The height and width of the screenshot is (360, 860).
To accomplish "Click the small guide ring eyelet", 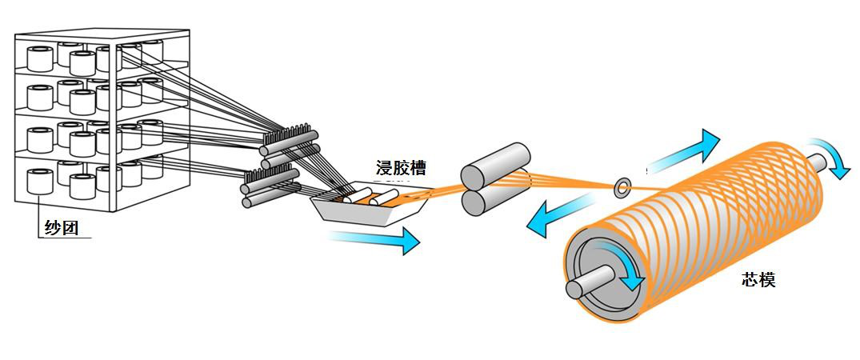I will tap(622, 188).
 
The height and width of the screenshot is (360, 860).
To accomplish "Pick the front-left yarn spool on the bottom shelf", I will tap(40, 182).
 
